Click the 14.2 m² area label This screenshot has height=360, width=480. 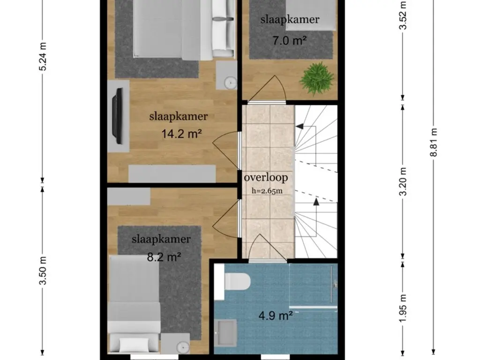(181, 134)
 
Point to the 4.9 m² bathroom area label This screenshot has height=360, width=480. (276, 315)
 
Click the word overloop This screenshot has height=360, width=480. (265, 178)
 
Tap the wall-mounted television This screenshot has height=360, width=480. (118, 116)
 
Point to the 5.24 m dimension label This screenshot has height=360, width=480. (43, 57)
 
